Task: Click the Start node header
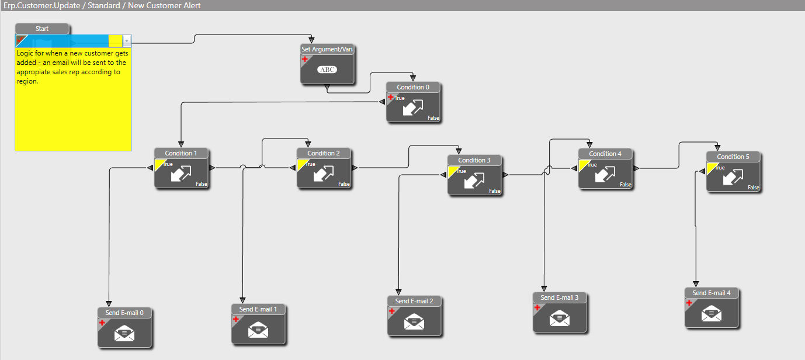click(x=42, y=29)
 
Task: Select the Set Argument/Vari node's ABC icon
click(x=327, y=70)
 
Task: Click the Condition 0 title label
click(x=412, y=87)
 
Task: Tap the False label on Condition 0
click(x=433, y=118)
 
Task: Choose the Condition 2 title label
click(x=324, y=153)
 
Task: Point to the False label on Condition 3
click(x=494, y=191)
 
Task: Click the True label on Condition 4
click(x=592, y=165)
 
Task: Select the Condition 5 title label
click(x=733, y=157)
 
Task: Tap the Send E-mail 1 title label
click(x=258, y=309)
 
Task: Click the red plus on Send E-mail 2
click(x=391, y=311)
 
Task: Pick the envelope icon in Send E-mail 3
click(x=560, y=319)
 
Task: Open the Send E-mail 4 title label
click(x=712, y=293)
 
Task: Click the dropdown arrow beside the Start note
click(x=127, y=41)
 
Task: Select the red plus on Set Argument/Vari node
click(x=304, y=59)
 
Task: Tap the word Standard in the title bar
click(x=104, y=5)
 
